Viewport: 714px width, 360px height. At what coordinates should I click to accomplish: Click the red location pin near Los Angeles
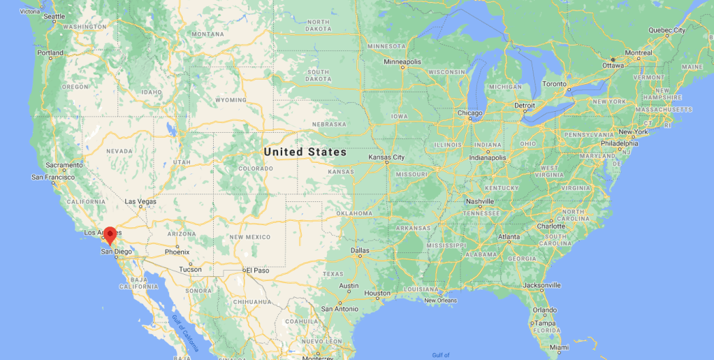110,235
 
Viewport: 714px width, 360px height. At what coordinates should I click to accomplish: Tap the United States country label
305,152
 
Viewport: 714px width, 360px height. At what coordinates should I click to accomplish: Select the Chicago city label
470,113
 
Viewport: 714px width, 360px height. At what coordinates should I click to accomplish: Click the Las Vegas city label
140,201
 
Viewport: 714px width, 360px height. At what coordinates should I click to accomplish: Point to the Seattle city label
54,15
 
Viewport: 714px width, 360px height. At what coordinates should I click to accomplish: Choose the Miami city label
558,347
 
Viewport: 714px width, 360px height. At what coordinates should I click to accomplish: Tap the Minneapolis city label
402,62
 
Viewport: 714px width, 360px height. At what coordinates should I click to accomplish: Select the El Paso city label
256,270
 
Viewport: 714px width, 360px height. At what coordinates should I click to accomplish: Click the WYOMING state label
231,100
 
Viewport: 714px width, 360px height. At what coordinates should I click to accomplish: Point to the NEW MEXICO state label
249,237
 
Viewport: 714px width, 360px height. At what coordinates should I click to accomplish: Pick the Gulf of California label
184,332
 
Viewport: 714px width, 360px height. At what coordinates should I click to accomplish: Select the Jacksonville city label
541,285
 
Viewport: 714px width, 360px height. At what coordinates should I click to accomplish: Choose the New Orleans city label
440,301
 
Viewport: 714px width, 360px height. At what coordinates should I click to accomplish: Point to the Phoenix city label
177,252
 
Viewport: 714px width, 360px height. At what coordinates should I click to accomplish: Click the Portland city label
50,52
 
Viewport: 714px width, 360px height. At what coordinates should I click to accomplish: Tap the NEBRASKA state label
329,124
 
